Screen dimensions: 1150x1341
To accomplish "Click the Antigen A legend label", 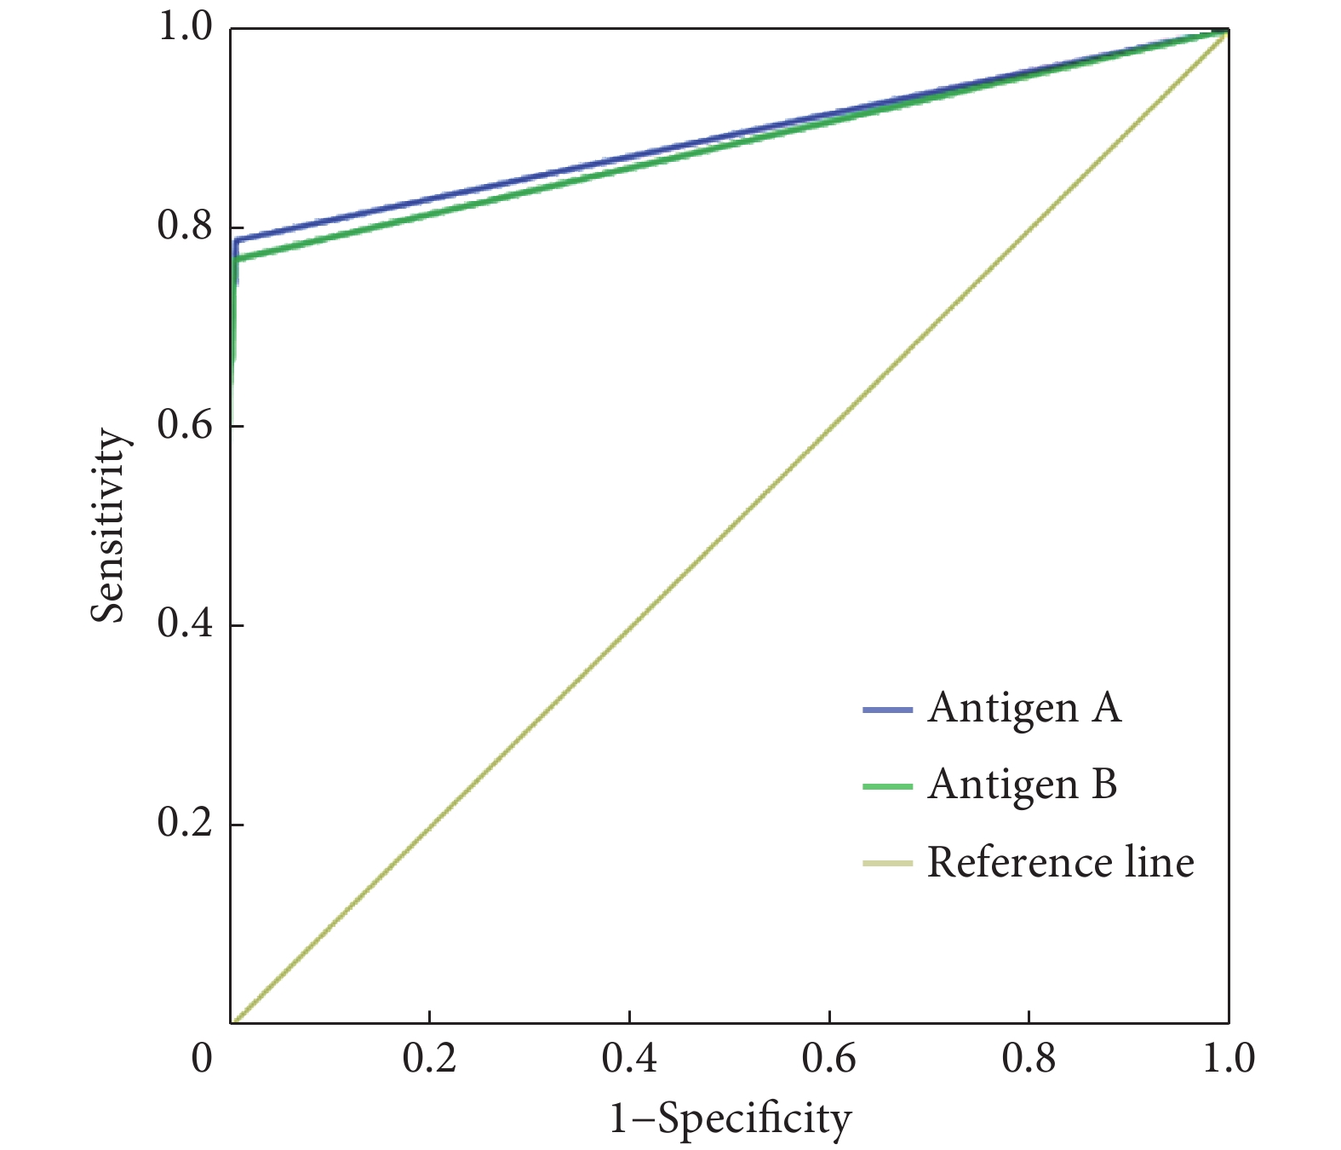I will tap(1024, 708).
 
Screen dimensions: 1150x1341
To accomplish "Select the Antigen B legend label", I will tap(1023, 784).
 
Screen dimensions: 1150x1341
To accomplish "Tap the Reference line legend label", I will tap(1060, 862).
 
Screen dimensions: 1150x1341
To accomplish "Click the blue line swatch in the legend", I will tap(887, 710).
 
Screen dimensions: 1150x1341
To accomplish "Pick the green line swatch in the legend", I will tap(887, 786).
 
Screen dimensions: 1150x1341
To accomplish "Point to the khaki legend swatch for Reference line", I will tap(887, 864).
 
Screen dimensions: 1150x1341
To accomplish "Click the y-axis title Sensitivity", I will tap(110, 526).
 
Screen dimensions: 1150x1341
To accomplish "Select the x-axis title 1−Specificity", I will tap(730, 1118).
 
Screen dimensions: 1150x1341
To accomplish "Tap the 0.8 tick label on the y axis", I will tap(185, 227).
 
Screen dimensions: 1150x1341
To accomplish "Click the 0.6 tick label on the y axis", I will tap(185, 426).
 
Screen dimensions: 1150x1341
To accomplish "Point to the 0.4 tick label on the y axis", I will tap(185, 625).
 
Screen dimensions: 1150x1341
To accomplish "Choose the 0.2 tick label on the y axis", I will tap(185, 824).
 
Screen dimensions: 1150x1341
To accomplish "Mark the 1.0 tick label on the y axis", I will tap(185, 28).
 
